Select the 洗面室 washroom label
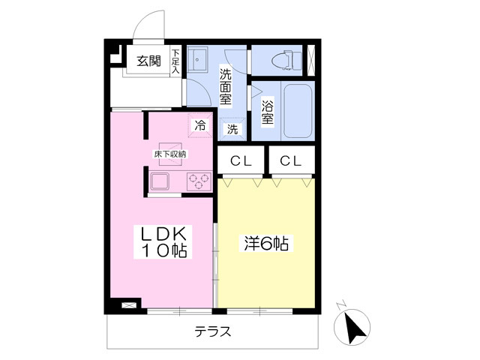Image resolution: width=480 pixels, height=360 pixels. pos(225,85)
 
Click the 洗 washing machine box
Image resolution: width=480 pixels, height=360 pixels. pos(232,129)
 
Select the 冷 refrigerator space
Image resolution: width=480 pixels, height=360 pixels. pos(200,125)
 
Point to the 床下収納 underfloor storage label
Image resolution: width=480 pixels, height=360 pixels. pos(169,154)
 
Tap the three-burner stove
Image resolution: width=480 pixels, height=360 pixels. pos(199,181)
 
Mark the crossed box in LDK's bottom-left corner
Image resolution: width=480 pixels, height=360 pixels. pos(129,306)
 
